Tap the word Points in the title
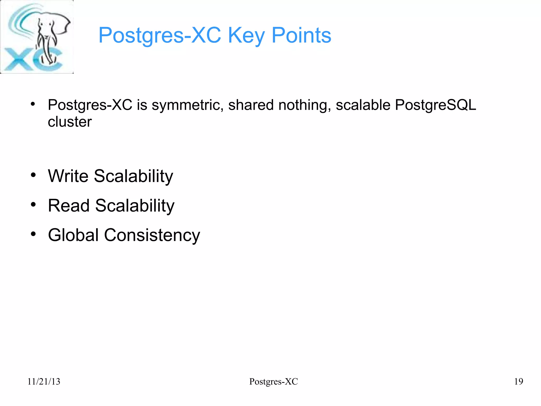pos(301,35)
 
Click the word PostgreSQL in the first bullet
pos(435,105)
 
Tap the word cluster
pos(70,122)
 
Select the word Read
pos(69,206)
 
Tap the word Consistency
pos(152,235)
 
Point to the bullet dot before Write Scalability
pos(33,175)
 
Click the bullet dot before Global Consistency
pos(33,234)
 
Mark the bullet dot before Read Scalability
pos(33,204)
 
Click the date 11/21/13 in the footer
pos(44,381)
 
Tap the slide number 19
pos(519,381)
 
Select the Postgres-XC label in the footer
pos(273,381)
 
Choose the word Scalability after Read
pos(135,206)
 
